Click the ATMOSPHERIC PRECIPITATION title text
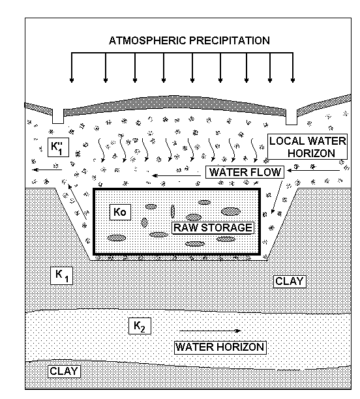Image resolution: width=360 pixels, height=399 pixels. point(189,40)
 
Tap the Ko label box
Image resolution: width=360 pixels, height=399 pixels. point(120,212)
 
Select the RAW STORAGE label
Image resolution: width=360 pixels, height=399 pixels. point(213,228)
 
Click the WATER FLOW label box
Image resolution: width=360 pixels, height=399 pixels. point(245,172)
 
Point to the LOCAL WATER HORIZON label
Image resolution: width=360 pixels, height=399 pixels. point(308,147)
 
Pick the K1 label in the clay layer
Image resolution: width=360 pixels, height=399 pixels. point(61,276)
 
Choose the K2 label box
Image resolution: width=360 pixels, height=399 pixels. point(140,326)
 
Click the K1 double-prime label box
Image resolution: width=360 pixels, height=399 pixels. point(58,147)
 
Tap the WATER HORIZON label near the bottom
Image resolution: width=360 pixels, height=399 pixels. point(220,347)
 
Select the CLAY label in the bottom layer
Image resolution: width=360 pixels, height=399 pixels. point(64,371)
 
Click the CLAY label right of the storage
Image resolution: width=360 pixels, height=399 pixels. point(290,282)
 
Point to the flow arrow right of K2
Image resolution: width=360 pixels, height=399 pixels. point(210,331)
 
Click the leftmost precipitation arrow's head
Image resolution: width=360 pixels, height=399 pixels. point(72,80)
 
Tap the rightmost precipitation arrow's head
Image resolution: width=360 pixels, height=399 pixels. point(293,80)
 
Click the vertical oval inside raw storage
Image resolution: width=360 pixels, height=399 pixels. point(173,211)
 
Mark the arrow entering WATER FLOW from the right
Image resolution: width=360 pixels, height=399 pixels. point(314,170)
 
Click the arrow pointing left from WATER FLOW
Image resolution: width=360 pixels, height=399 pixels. point(177,175)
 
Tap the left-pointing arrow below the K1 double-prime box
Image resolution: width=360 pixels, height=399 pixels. point(47,170)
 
